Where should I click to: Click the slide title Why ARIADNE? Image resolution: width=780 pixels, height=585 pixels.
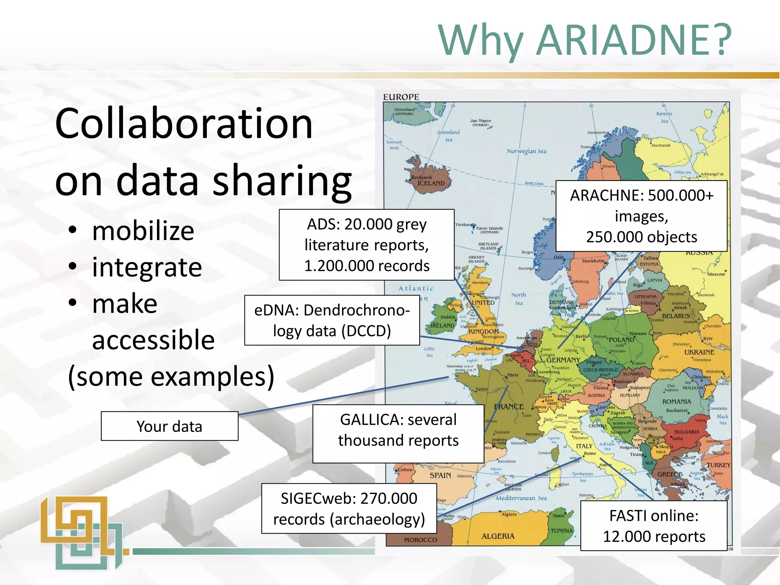pos(585,40)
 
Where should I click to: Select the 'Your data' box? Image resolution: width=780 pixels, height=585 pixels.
pos(169,426)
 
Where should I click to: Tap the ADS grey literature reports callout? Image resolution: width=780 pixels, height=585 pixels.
pos(366,245)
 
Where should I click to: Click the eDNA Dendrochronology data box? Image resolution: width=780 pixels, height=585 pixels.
pos(332,320)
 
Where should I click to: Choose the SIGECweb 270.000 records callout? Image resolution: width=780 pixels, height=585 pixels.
pos(349,508)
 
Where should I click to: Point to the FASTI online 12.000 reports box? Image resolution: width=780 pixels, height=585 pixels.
pos(654,526)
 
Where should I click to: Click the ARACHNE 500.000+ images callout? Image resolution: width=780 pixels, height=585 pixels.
pos(641,216)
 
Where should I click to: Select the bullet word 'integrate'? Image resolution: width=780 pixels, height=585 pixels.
pos(147,267)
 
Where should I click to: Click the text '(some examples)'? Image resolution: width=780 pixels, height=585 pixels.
pos(171,376)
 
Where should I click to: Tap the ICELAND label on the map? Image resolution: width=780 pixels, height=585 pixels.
pos(431,183)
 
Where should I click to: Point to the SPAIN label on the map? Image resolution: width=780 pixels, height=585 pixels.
pos(440,475)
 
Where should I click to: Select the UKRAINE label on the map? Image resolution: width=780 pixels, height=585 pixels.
pos(699,352)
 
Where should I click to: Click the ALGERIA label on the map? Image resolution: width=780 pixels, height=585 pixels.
pos(498,536)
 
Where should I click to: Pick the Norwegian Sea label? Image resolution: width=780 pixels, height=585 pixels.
pos(526,151)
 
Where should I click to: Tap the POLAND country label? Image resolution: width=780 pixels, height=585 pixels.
pos(621,340)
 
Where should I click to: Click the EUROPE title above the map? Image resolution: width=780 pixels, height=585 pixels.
pos(401,97)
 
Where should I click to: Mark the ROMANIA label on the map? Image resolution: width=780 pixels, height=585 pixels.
pos(676,401)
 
